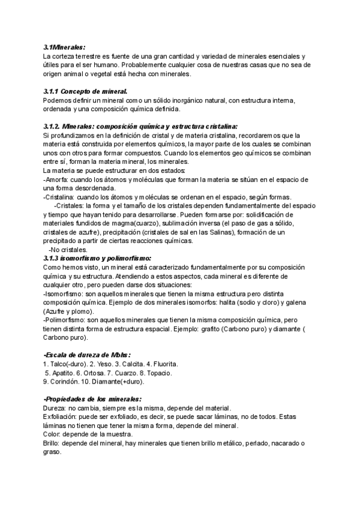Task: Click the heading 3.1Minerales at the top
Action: coord(64,47)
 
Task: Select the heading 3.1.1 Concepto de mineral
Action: coord(85,91)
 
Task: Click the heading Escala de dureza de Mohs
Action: coord(88,355)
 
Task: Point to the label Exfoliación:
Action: coord(65,417)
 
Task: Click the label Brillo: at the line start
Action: coord(55,443)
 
